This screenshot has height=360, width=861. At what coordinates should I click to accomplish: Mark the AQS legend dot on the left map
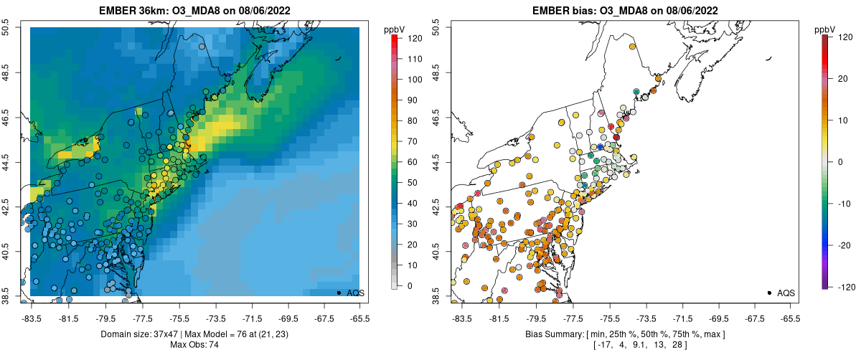click(339, 293)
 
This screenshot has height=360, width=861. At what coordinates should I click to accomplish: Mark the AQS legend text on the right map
click(786, 293)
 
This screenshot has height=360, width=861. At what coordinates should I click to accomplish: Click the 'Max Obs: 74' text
click(195, 345)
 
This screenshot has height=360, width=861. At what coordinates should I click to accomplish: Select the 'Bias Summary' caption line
click(625, 334)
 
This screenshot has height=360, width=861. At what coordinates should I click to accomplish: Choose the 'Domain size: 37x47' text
click(130, 334)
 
